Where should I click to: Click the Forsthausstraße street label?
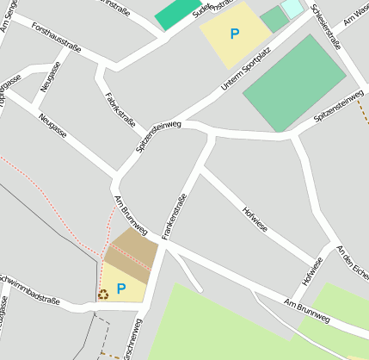tap(55, 38)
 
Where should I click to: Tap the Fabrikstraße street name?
tap(120, 109)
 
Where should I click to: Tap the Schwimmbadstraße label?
tap(29, 295)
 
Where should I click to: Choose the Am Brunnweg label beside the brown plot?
tap(131, 215)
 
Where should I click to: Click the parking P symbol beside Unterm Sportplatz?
tap(235, 34)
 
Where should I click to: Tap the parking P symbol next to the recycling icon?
tap(121, 289)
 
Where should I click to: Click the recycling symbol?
tap(103, 295)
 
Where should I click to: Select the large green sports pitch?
tap(294, 84)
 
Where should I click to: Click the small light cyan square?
tap(292, 8)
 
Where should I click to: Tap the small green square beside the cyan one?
tap(274, 19)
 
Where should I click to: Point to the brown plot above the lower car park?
tap(132, 249)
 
